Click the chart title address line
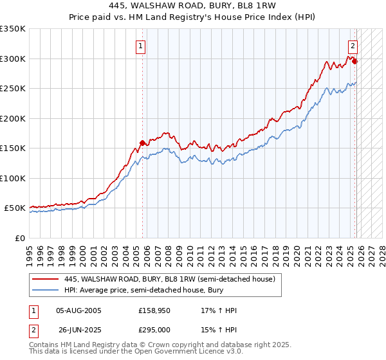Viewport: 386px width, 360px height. tap(193, 4)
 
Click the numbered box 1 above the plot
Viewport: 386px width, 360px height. tap(140, 46)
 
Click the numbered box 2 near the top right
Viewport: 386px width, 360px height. tap(353, 46)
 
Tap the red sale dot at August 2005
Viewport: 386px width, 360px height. tap(143, 143)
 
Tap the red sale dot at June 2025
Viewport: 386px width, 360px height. tap(354, 62)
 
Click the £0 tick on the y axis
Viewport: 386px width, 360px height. tap(21, 238)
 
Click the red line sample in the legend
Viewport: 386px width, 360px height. tap(46, 279)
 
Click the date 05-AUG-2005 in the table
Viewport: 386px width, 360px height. tap(79, 310)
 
